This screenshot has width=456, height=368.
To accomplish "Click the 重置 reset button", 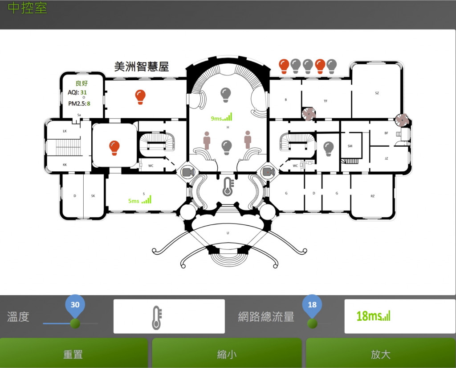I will (73, 354).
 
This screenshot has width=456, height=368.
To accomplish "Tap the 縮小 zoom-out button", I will (227, 354).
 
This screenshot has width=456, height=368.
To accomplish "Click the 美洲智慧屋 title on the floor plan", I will (142, 67).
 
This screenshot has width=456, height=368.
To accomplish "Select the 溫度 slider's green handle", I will (74, 323).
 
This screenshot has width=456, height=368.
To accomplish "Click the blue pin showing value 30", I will (75, 305).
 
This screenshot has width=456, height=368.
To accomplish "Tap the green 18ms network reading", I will (373, 316).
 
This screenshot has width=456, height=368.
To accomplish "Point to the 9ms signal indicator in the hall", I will (221, 118).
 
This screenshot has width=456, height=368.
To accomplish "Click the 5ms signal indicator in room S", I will (140, 200).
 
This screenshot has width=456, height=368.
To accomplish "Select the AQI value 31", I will (84, 92).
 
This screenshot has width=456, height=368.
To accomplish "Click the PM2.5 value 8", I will (88, 103).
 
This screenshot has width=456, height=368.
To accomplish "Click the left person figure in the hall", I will (207, 140).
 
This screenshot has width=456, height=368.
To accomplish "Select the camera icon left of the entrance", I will (187, 172).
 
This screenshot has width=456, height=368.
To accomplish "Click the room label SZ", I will (377, 93).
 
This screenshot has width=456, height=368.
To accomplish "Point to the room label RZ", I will (372, 196).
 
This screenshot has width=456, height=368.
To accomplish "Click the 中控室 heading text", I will (28, 8).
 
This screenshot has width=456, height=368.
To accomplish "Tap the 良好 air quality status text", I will (82, 83).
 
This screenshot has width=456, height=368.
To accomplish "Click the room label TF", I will (326, 101).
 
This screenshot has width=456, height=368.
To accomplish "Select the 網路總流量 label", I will (266, 317).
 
